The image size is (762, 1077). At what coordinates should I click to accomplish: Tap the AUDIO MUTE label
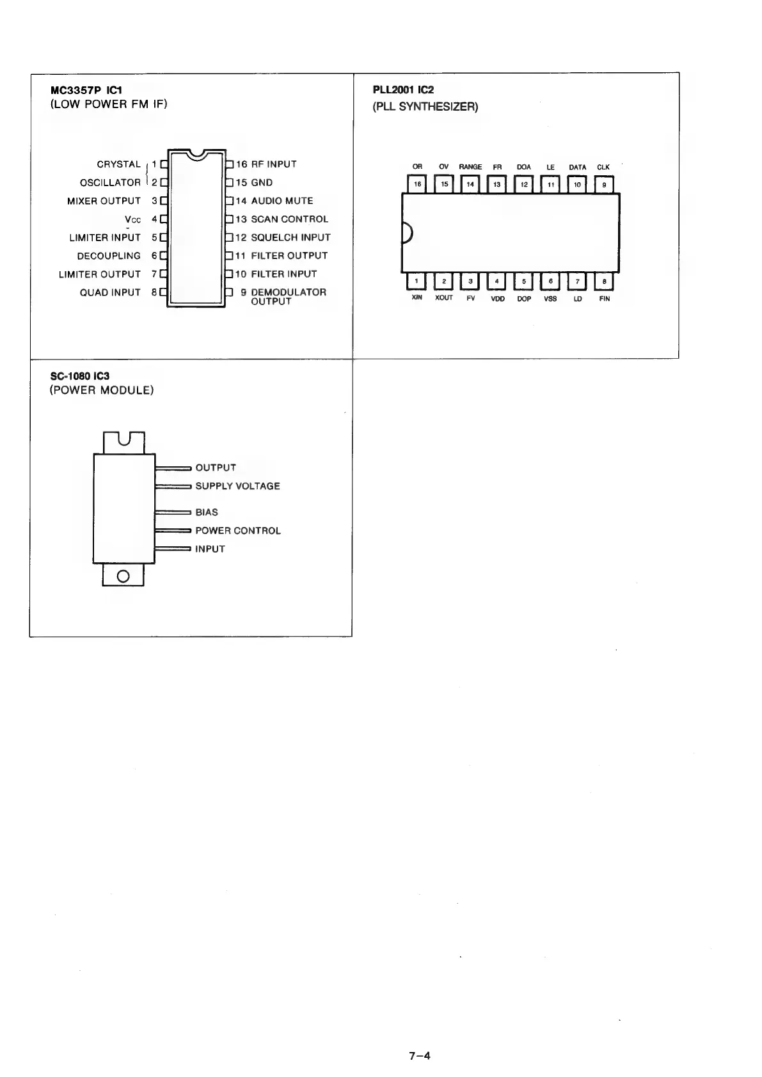pos(282,201)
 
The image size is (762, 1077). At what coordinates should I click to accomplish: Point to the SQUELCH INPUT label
pos(290,237)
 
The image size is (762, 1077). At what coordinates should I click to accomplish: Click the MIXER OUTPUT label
pos(104,201)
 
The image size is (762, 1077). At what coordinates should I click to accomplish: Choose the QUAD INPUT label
pos(109,292)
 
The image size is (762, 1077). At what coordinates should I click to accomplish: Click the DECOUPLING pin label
pos(109,256)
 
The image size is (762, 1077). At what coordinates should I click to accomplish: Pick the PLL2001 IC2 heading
pos(403,90)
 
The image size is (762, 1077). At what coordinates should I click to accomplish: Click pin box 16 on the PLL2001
pos(418,184)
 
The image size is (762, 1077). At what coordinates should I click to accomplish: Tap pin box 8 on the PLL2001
pos(605,281)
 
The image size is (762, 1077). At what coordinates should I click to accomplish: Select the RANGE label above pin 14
pos(470,168)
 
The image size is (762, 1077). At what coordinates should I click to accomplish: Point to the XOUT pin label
pos(444,299)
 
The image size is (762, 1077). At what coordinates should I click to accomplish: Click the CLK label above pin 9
pos(603,168)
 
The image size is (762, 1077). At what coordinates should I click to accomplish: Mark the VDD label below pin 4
pos(498,299)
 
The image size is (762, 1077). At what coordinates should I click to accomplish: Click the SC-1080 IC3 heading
pos(79,376)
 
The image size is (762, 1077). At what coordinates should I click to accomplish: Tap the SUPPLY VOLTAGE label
pos(237,486)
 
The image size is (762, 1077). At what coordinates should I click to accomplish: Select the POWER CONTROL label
pos(237,531)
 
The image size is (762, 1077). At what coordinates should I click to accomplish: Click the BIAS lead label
pos(206,512)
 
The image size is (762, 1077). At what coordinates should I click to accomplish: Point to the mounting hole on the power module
pos(123,576)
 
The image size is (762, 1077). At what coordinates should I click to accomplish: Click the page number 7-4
pos(420,1056)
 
